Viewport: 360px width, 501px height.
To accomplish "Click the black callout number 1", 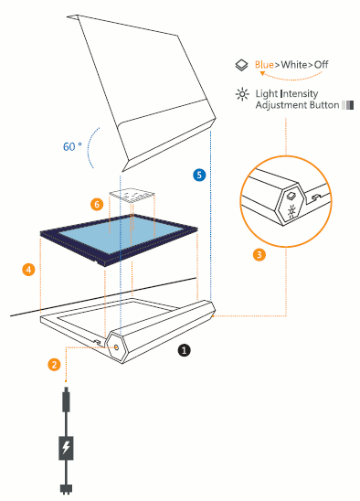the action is (184, 350).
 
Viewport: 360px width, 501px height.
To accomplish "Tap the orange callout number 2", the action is (54, 365).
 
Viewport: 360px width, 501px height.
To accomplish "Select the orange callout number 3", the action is (259, 255).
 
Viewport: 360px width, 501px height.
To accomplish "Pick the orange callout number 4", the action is (28, 270).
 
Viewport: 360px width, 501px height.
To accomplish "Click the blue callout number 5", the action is (199, 175).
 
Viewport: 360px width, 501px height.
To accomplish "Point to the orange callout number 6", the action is (97, 204).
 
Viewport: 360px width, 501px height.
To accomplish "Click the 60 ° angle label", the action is (72, 146).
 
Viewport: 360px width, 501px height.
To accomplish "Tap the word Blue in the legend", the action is (264, 65).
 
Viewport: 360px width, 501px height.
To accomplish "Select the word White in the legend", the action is (294, 65).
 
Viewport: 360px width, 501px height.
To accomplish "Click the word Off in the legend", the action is (321, 65).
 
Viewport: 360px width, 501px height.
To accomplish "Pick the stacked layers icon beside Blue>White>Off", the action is (241, 65).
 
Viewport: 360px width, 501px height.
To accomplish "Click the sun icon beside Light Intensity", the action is (242, 94).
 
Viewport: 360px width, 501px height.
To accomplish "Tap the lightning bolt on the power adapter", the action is (66, 447).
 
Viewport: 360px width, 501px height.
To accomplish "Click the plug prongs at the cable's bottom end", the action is (66, 489).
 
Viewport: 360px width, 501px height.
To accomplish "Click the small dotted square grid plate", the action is (132, 196).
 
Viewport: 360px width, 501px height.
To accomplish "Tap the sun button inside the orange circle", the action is (291, 211).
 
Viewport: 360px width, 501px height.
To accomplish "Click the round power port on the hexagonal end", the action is (116, 347).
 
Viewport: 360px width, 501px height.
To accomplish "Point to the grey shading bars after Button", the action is (347, 105).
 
